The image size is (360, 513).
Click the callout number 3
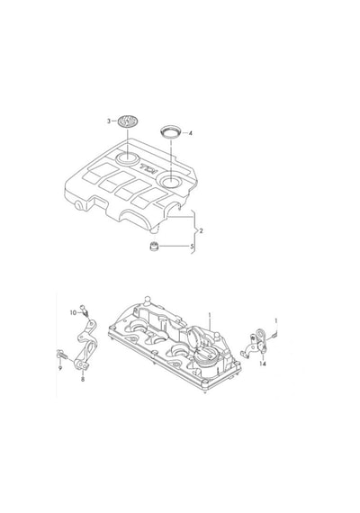click(109, 121)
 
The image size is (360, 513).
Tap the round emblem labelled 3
click(128, 121)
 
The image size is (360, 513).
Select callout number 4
click(190, 133)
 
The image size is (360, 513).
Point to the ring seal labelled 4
click(171, 132)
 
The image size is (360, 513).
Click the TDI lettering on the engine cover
click(149, 168)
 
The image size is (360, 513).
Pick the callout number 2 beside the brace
click(201, 231)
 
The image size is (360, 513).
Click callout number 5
click(192, 246)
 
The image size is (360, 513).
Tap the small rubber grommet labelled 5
click(154, 246)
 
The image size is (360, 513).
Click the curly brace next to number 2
click(194, 231)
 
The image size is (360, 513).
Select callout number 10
click(73, 313)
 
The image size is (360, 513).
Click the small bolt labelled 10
click(85, 310)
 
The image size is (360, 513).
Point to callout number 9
click(60, 368)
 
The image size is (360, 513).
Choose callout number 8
click(83, 380)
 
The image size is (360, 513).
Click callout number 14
click(263, 364)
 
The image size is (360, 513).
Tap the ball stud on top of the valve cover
click(148, 299)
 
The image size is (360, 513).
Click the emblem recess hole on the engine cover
click(127, 157)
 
